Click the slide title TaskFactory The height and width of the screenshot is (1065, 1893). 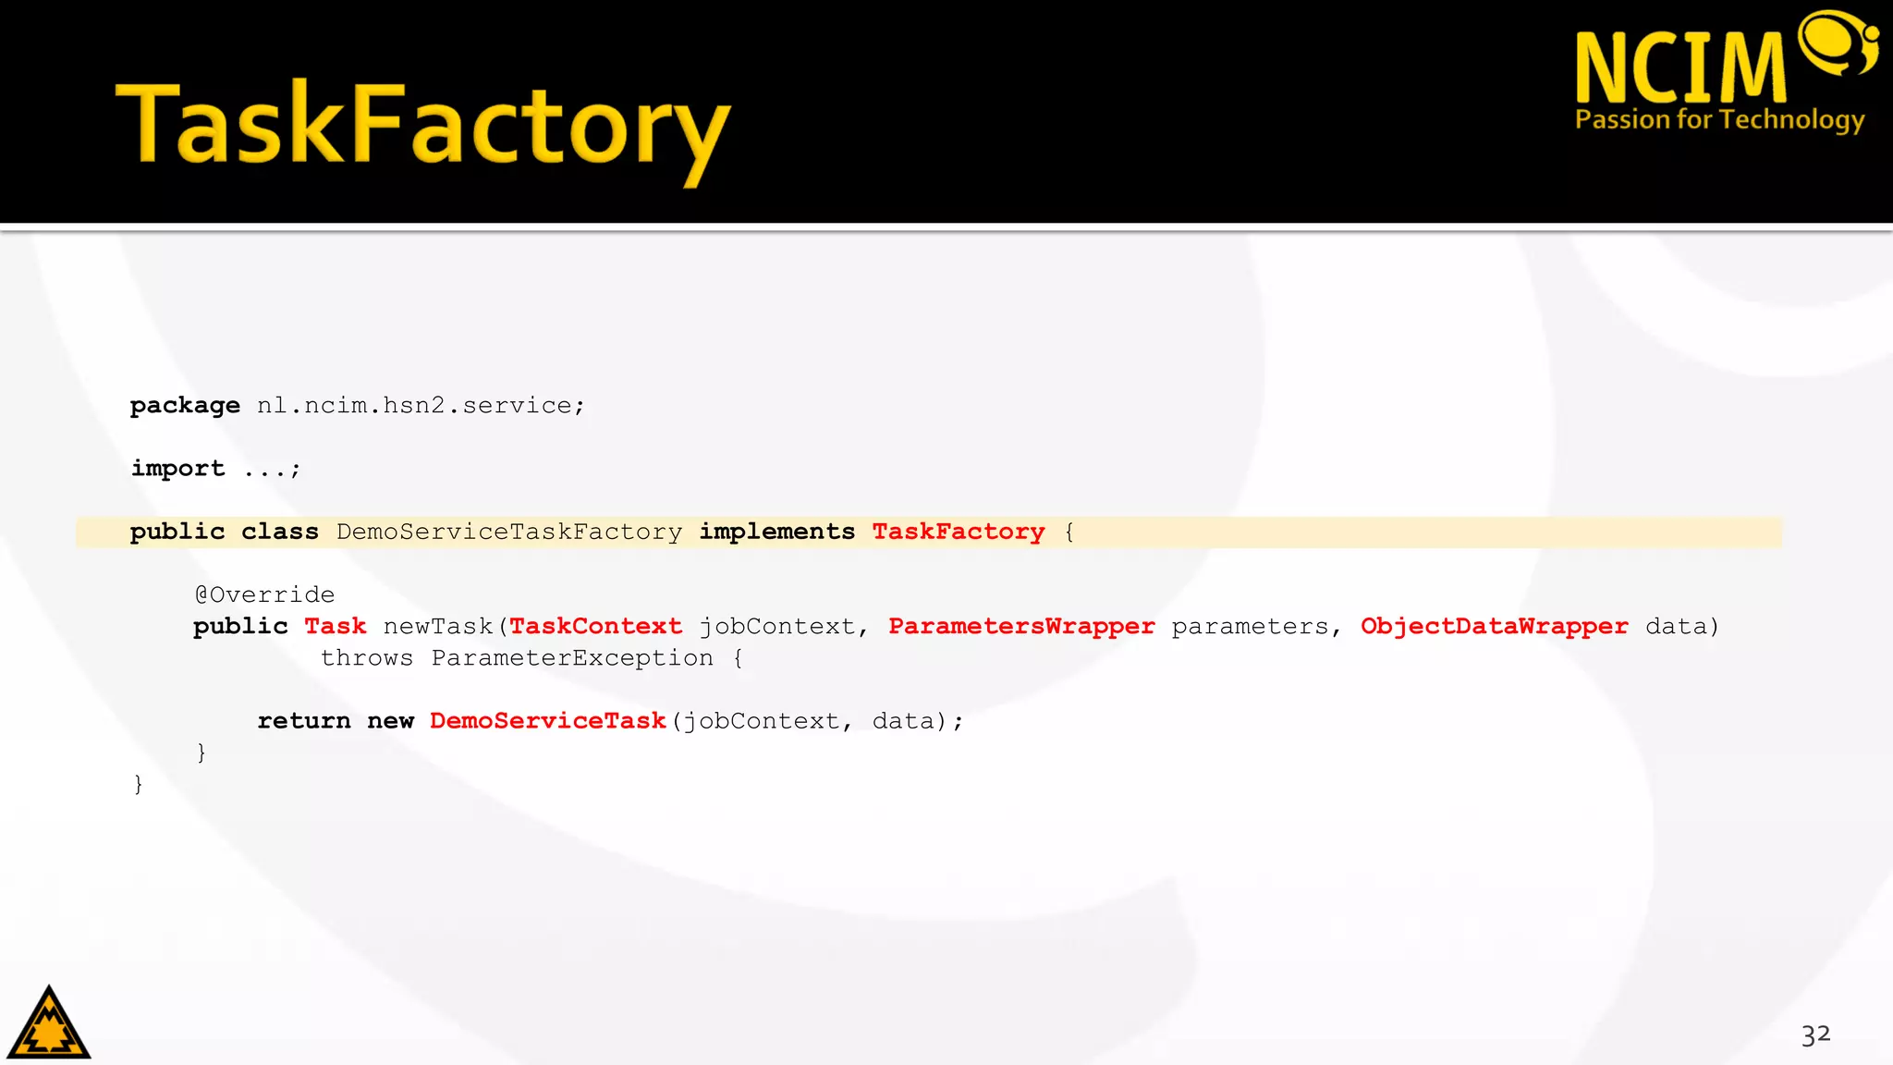422,127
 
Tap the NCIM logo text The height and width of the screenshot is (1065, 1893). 1680,67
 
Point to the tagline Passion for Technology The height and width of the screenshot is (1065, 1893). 1719,120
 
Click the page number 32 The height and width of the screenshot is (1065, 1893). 1815,1034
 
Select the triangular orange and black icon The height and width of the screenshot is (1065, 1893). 48,1024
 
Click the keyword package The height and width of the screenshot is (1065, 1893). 185,406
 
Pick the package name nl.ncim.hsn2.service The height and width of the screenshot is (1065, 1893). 420,406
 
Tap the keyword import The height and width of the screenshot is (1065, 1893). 177,469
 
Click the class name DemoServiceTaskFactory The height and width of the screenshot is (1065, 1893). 508,532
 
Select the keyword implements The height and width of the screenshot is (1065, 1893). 776,532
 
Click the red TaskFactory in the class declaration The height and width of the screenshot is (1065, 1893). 958,532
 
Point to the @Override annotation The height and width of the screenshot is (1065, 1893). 264,594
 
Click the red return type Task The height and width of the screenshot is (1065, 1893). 335,627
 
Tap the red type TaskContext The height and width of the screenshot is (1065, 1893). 595,627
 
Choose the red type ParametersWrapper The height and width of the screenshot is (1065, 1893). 1020,627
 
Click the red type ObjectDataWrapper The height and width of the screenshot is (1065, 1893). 1494,627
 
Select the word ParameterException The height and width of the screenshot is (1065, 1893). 571,658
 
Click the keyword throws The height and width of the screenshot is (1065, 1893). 366,658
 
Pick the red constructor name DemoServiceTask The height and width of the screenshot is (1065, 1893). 547,721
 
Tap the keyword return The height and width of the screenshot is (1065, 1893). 303,721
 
